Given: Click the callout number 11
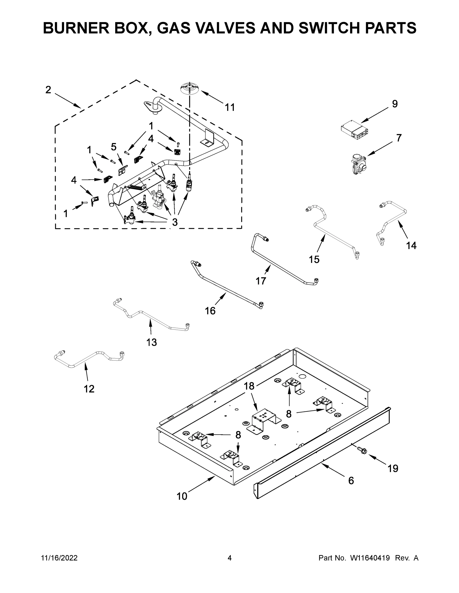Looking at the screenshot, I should coord(230,107).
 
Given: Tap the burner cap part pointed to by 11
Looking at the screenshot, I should coord(189,89).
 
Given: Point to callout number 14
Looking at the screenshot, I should coord(411,246).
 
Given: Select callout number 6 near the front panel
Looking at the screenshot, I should coord(351,481).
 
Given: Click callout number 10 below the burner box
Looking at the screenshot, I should coord(182,496).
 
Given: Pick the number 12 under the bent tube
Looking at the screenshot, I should coord(89,389).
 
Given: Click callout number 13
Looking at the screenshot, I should coord(151,342).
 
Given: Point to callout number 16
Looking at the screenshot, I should coord(210,311).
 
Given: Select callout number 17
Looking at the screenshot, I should coord(261,281).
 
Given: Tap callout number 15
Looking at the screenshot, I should coord(314,260).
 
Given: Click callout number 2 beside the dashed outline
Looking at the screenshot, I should coord(48,90).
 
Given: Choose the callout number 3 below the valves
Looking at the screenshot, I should coord(175,222).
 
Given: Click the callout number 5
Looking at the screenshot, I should coord(114,147).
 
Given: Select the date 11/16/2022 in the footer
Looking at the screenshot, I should coord(59,558).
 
